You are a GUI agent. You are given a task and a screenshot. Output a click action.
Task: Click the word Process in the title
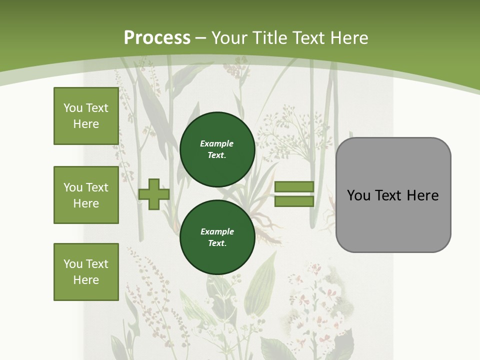[157, 38]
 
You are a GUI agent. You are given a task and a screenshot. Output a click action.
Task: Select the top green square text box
[86, 116]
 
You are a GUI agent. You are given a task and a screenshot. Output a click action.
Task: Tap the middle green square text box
[86, 195]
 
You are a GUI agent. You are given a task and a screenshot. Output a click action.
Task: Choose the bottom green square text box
[86, 272]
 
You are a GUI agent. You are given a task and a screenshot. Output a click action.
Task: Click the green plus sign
[154, 194]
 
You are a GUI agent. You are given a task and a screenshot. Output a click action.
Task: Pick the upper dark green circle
[217, 149]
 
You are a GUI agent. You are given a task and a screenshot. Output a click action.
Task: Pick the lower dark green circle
[217, 237]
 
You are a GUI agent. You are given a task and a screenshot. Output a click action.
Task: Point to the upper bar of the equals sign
[294, 187]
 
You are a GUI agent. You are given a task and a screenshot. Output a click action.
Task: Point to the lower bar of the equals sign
[294, 201]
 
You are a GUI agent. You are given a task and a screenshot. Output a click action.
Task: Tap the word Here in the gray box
[422, 195]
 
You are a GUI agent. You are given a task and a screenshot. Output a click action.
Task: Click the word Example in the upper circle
[216, 143]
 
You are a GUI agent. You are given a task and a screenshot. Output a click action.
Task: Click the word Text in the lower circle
[216, 243]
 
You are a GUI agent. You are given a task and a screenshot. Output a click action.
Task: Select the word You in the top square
[72, 108]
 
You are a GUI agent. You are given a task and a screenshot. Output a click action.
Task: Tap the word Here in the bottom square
[86, 280]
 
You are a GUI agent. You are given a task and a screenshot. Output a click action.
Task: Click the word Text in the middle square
[96, 187]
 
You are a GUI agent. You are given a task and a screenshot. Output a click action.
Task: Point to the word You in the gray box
[359, 195]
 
